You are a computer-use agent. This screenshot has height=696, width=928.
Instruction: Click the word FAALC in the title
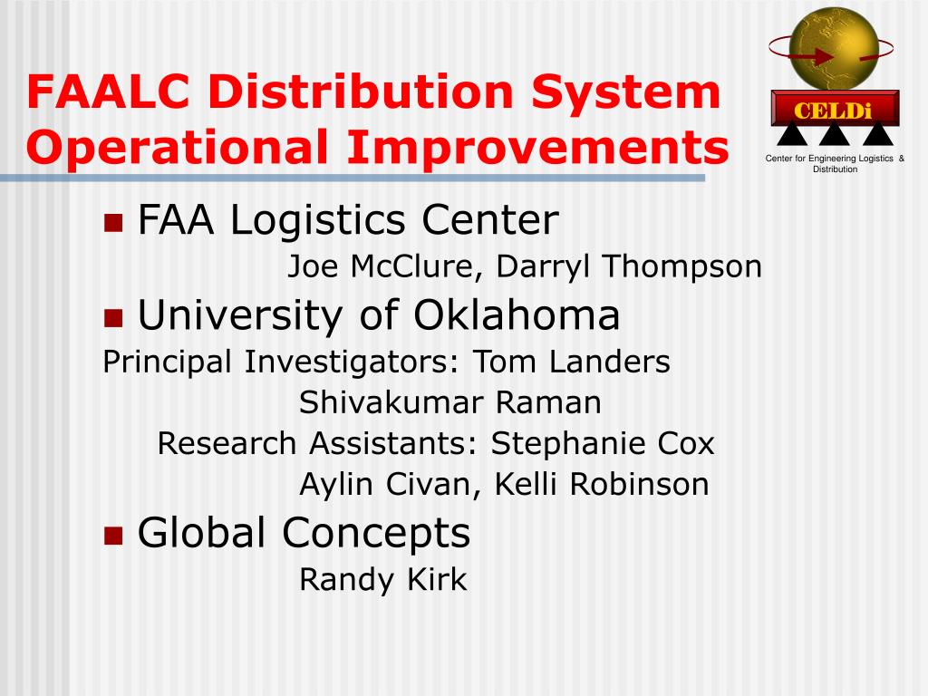tap(108, 92)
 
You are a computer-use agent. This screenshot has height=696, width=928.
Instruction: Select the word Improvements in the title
tap(538, 148)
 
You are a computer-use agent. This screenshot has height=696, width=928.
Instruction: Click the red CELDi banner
tap(835, 109)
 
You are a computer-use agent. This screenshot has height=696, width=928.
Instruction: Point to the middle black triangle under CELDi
tap(835, 134)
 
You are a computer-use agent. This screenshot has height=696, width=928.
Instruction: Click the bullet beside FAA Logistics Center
tap(113, 223)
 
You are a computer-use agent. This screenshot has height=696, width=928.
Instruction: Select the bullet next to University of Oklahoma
tap(113, 318)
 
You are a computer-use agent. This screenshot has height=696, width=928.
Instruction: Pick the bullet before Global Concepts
tap(113, 536)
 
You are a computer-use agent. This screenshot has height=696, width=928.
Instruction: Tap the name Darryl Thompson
tap(629, 267)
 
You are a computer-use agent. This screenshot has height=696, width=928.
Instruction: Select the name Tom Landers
tap(572, 362)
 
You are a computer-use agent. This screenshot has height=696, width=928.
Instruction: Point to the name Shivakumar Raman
tap(450, 402)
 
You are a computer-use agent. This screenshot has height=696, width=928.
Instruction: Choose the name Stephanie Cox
tap(603, 444)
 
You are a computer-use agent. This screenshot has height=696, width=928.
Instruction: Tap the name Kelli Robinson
tap(602, 484)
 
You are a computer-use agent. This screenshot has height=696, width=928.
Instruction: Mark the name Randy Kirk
tap(383, 579)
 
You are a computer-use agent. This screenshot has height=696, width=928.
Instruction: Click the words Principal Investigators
tap(281, 362)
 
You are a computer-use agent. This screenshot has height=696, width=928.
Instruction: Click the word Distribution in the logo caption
tap(835, 169)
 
